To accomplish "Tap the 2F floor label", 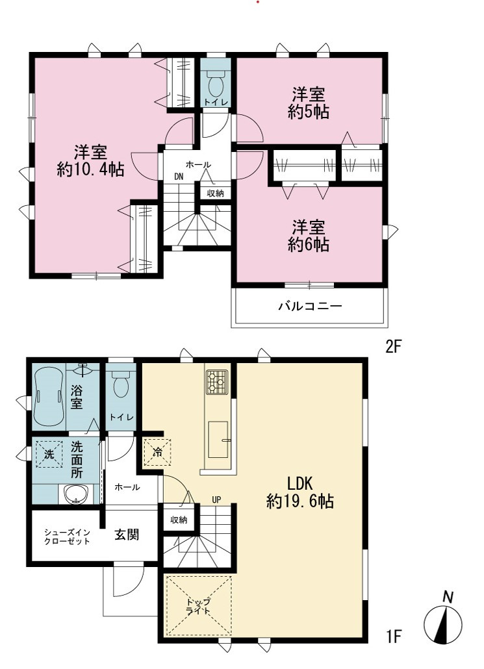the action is (x=394, y=346).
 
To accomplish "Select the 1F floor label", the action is (x=394, y=637).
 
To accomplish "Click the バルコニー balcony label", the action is (x=311, y=306).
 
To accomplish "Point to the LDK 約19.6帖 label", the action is (x=300, y=492).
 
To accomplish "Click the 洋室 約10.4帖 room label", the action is (x=90, y=161).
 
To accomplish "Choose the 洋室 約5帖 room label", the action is (x=308, y=103).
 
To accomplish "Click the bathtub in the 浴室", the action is (x=49, y=397).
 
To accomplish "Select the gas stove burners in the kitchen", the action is (x=217, y=382).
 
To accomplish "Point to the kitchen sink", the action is (x=218, y=440).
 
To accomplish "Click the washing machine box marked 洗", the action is (x=49, y=454).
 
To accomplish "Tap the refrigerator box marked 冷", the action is (x=157, y=452).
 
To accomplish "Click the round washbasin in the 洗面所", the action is (x=77, y=494).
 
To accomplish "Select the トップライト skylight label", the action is (x=198, y=606).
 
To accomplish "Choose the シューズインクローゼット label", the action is (x=68, y=536).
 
